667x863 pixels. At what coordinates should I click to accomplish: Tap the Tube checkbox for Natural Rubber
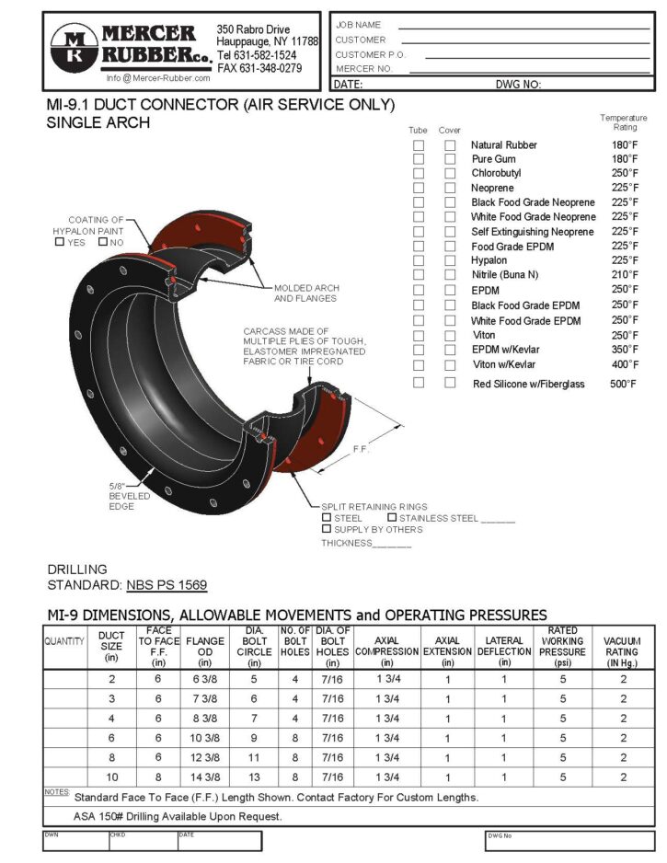(419, 145)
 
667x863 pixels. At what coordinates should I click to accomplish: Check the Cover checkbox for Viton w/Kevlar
(450, 364)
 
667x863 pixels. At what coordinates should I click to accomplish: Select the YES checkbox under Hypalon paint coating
(60, 242)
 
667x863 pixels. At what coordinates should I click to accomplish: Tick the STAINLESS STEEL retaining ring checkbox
(392, 518)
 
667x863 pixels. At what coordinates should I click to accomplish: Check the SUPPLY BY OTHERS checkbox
(327, 529)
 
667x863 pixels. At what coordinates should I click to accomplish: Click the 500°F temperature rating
(624, 384)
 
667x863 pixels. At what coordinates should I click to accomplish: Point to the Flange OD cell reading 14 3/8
(205, 777)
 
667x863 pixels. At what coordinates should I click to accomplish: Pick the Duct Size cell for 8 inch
(111, 757)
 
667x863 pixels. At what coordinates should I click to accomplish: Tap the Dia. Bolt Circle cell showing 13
(254, 777)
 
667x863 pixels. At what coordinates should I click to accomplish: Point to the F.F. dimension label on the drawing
(362, 450)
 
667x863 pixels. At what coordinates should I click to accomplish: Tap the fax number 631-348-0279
(259, 68)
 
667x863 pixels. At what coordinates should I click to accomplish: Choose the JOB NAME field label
(358, 25)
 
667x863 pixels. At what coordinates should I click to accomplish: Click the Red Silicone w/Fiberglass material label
(528, 384)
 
